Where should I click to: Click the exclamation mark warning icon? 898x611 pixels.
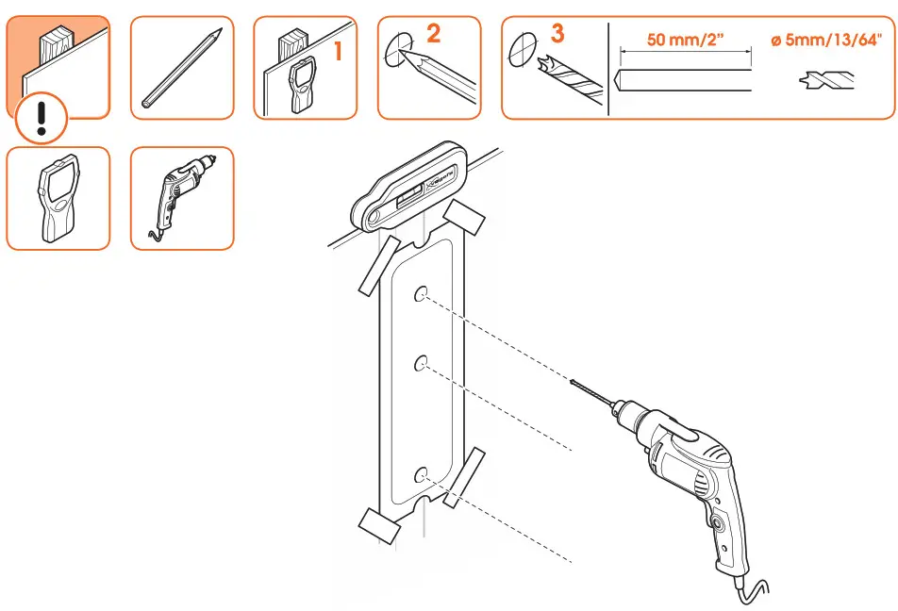tap(41, 119)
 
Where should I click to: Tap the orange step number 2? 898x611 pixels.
tap(433, 35)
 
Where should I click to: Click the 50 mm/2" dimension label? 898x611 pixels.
tap(685, 41)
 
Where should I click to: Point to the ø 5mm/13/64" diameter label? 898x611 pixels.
tap(827, 41)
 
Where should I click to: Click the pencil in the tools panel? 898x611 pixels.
tap(182, 67)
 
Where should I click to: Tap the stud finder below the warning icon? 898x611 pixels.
tap(58, 199)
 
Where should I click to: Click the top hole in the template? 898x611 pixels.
tap(421, 293)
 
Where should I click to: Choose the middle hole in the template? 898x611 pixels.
tap(421, 362)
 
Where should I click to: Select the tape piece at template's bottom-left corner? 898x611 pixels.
tap(375, 524)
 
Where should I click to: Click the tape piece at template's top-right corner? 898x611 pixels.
tap(463, 218)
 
